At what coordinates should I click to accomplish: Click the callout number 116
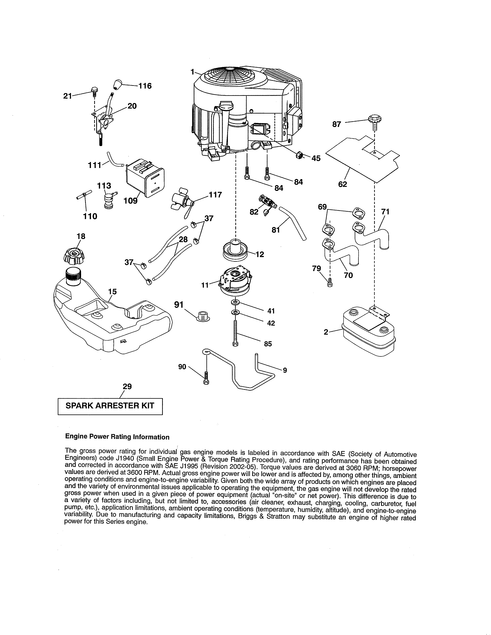pyautogui.click(x=145, y=86)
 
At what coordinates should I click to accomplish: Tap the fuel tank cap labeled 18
pyautogui.click(x=74, y=256)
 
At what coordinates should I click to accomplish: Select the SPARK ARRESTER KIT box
pyautogui.click(x=110, y=406)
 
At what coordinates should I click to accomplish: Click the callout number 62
pyautogui.click(x=343, y=184)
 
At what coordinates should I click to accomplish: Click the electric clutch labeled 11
pyautogui.click(x=235, y=281)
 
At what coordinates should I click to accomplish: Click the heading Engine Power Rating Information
pyautogui.click(x=117, y=437)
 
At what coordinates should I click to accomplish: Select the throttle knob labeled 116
pyautogui.click(x=117, y=84)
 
